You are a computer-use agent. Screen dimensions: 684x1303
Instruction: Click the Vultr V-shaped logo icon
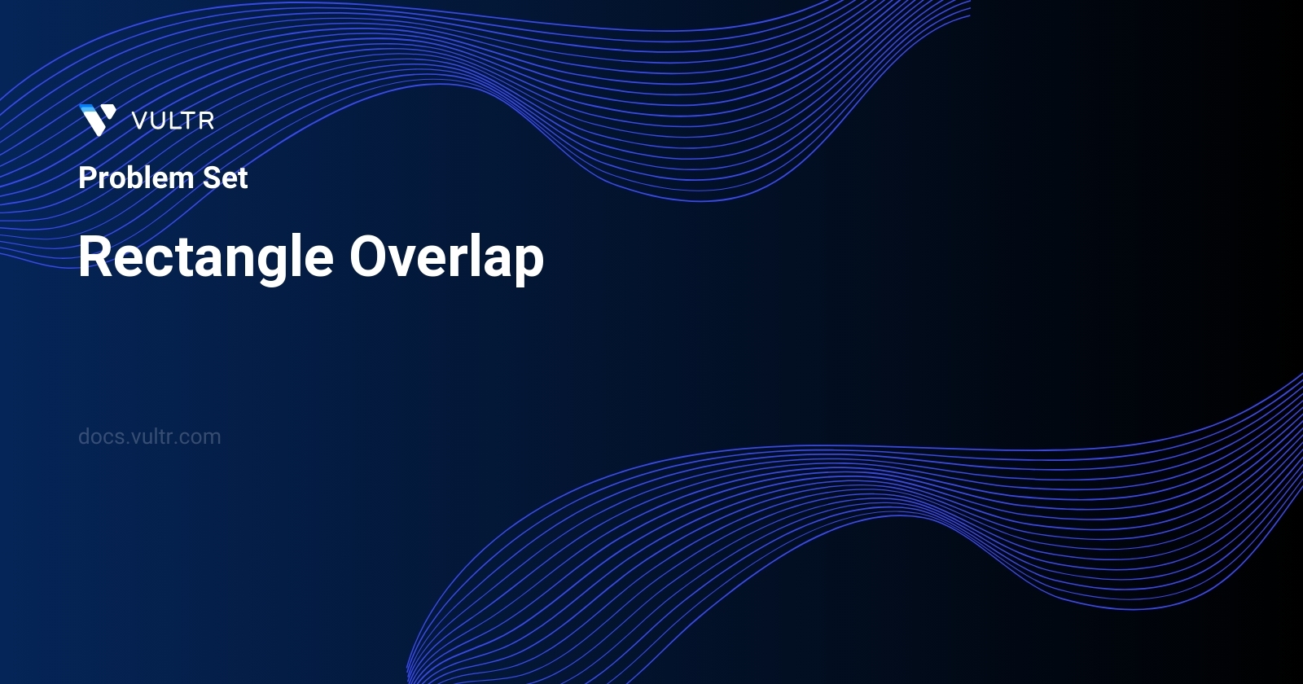[x=98, y=120]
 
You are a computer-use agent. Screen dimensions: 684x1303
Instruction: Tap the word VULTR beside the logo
[x=173, y=121]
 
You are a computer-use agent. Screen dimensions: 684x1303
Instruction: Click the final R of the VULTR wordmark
[x=206, y=121]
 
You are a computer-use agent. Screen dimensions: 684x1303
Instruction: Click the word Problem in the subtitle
[x=136, y=178]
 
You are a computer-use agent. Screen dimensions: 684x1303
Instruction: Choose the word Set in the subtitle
[x=225, y=178]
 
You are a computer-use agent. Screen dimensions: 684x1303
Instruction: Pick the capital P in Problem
[x=86, y=178]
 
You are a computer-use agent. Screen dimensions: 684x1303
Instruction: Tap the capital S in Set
[x=210, y=178]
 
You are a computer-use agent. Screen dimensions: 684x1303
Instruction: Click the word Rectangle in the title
[x=206, y=257]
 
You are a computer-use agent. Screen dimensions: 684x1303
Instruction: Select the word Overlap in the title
[x=446, y=257]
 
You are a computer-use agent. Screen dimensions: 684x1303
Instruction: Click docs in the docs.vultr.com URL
[x=102, y=436]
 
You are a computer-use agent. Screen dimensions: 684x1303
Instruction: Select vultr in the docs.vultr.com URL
[x=153, y=436]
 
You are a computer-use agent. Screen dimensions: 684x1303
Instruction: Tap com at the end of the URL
[x=201, y=437]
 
